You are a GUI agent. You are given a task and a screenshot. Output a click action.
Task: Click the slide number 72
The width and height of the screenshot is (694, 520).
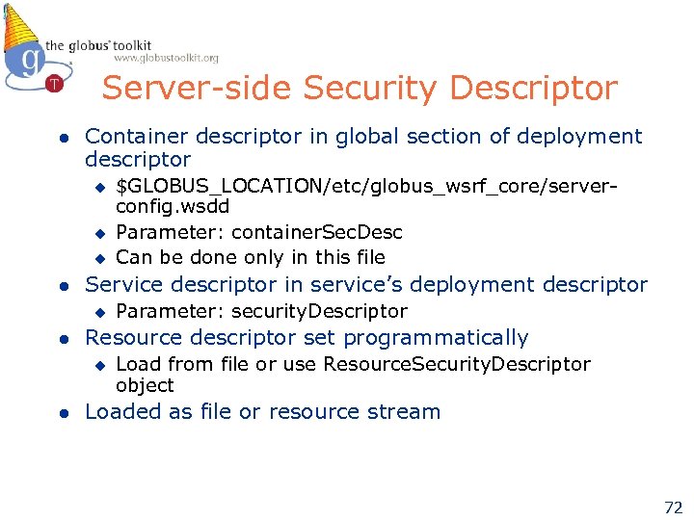tap(672, 507)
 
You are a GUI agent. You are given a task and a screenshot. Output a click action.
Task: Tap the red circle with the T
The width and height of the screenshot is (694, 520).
tap(54, 83)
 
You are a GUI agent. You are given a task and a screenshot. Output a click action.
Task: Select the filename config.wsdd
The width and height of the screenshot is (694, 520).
tap(173, 206)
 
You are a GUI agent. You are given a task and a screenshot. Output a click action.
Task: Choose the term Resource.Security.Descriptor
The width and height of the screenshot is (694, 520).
tap(457, 364)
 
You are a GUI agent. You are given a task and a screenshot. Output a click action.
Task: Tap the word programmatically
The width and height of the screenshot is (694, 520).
tap(436, 338)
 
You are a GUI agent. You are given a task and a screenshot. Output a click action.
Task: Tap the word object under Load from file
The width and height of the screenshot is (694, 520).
tap(145, 385)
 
